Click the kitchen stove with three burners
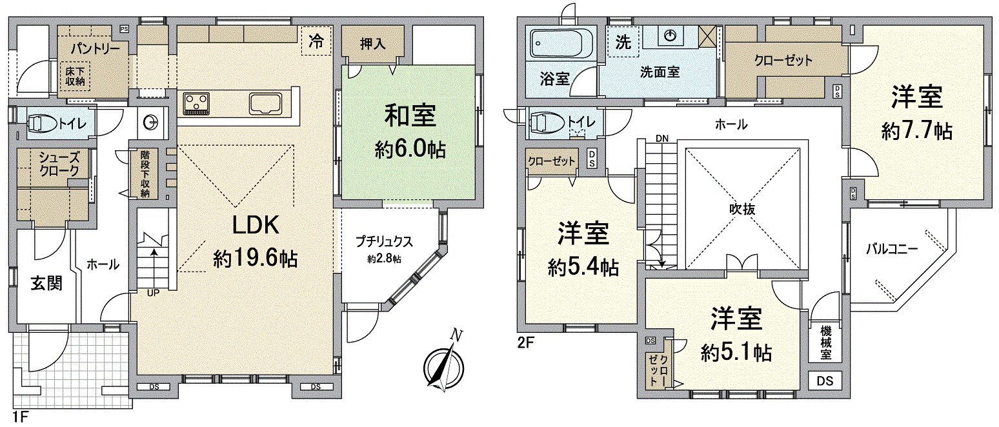196,103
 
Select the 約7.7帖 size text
916,132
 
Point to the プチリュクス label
384,243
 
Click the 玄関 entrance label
46,283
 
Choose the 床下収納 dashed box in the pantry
75,75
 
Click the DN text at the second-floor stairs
661,138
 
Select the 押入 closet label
373,44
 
